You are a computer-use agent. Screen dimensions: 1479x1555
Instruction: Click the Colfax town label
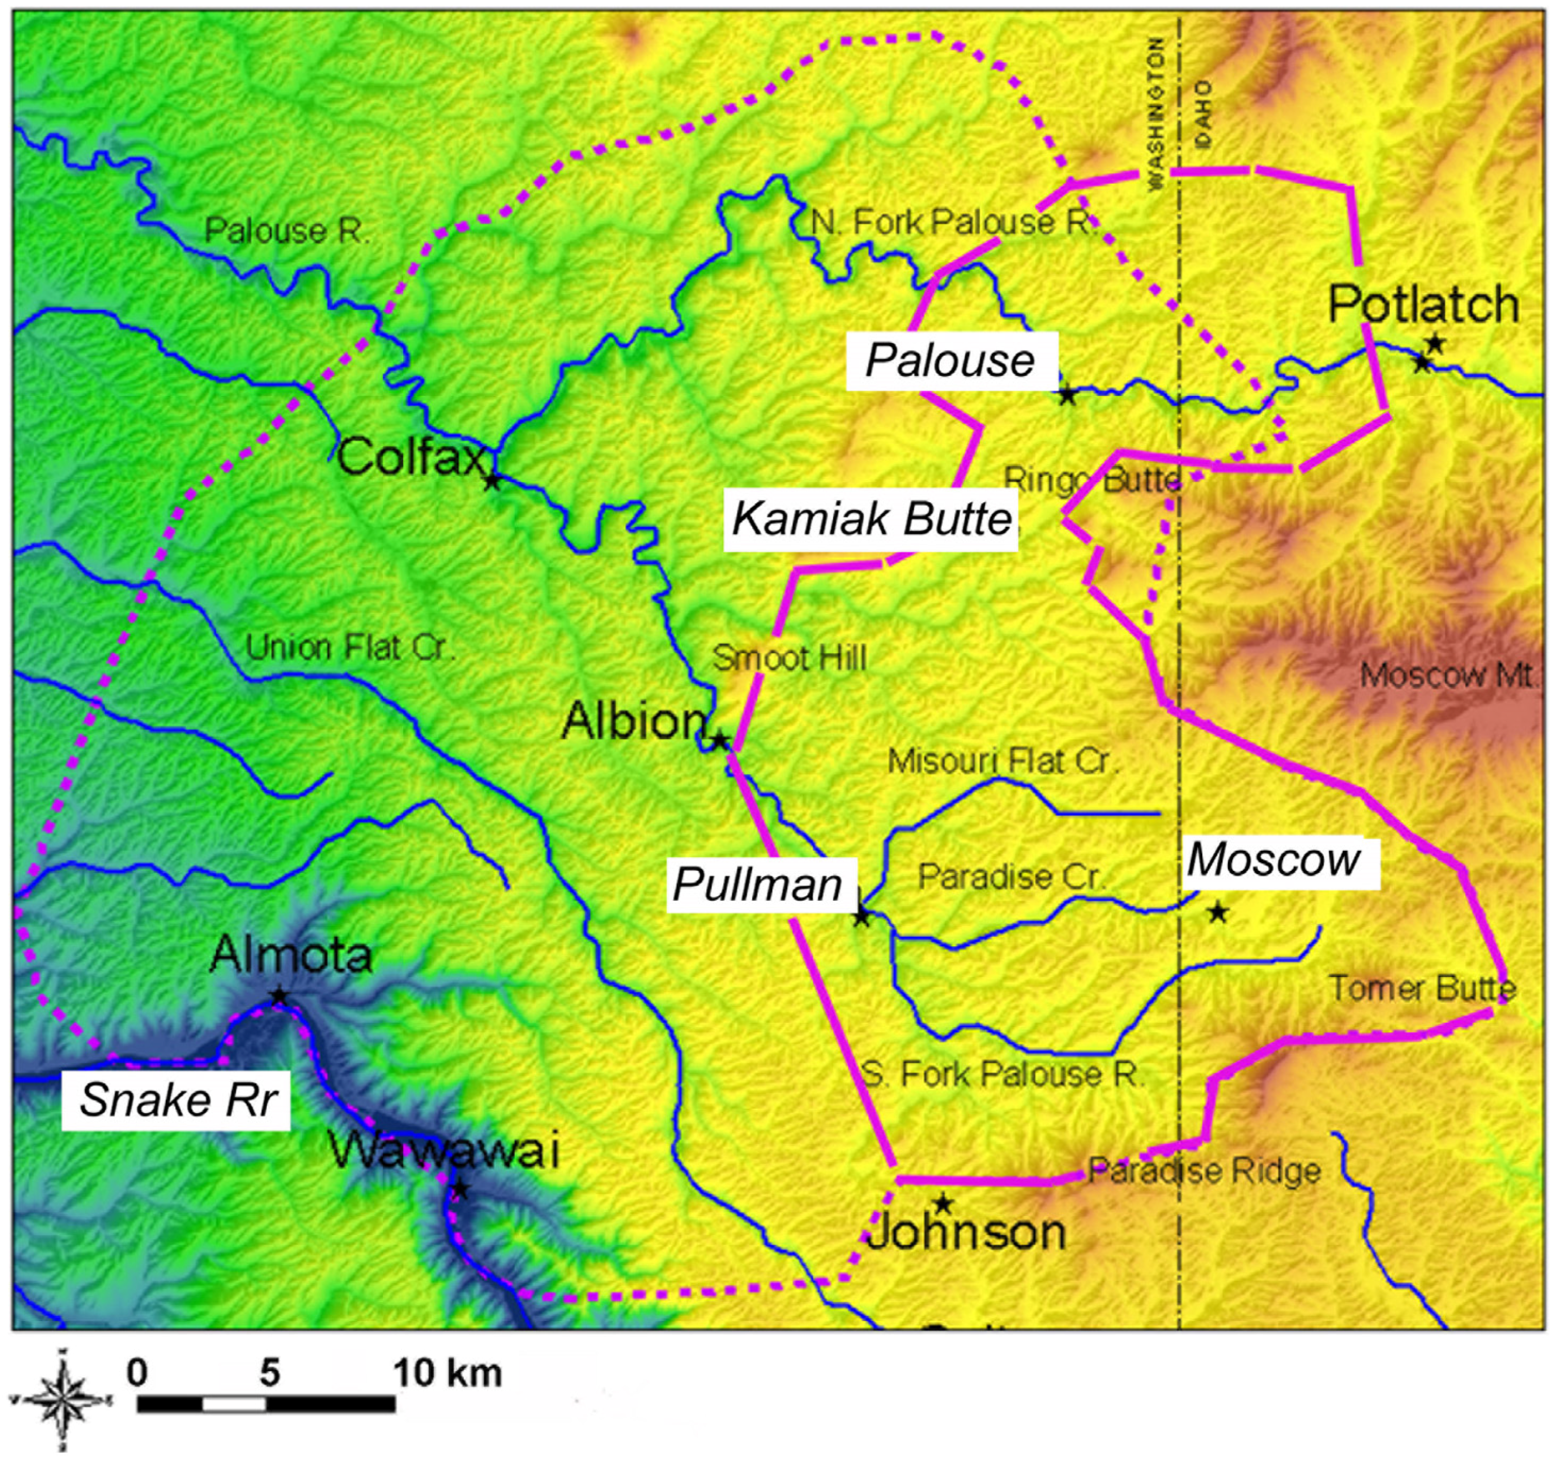[410, 456]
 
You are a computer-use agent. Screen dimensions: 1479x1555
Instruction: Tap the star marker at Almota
[278, 996]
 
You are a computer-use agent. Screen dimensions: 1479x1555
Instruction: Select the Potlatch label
[1423, 304]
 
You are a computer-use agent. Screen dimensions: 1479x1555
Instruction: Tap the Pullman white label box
[757, 884]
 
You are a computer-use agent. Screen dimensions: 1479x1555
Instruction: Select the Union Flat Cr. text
[350, 648]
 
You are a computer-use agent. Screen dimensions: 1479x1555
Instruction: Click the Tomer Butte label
[1422, 988]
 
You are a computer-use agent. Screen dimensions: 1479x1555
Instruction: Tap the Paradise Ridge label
[1204, 1171]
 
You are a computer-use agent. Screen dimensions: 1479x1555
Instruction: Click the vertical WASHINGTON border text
[1156, 115]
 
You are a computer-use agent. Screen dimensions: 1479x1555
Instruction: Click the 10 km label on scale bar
[447, 1373]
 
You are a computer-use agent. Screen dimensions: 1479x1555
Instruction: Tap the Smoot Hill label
[788, 658]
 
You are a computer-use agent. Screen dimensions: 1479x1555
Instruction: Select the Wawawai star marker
[459, 1189]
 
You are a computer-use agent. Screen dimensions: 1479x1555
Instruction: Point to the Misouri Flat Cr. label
[1003, 762]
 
